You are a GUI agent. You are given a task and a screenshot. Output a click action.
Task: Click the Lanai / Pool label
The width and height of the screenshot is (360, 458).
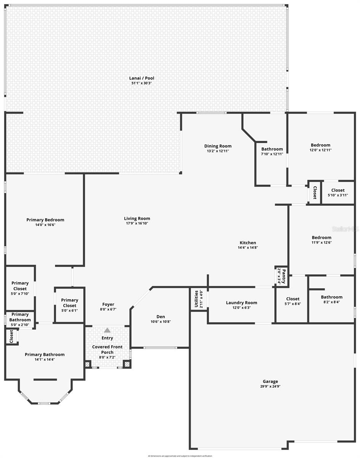(x=141, y=78)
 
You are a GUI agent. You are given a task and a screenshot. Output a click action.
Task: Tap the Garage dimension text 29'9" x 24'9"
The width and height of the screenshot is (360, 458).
(x=270, y=386)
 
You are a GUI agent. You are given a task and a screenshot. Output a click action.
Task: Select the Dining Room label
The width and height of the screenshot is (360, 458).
(x=218, y=146)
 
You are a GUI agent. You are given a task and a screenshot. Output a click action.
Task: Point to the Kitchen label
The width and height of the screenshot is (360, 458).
(x=248, y=243)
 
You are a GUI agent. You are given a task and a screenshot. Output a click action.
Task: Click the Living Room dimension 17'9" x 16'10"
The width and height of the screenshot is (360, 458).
(x=137, y=223)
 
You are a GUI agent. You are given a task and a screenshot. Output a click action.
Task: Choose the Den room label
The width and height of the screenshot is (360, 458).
(x=161, y=316)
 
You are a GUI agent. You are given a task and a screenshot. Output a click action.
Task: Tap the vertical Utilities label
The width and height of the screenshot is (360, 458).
(x=196, y=299)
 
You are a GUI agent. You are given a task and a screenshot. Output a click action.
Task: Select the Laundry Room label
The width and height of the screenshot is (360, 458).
(x=241, y=303)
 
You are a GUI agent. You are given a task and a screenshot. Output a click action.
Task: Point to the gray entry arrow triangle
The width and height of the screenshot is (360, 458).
(x=108, y=330)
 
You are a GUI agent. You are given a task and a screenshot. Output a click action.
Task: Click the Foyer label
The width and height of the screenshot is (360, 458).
(x=108, y=304)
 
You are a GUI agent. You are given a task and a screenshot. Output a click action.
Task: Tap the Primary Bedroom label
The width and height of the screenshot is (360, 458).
(x=45, y=220)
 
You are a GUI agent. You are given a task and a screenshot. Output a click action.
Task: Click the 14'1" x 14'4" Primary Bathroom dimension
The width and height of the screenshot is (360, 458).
(x=45, y=359)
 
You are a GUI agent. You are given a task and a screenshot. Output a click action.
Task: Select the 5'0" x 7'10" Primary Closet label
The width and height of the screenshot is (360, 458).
(x=20, y=285)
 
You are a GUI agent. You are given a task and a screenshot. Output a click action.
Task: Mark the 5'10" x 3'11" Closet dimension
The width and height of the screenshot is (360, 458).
(x=338, y=195)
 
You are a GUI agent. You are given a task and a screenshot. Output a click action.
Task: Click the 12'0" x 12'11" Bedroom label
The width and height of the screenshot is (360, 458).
(x=320, y=145)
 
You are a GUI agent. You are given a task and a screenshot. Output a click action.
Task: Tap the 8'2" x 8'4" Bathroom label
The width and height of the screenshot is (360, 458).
(x=331, y=297)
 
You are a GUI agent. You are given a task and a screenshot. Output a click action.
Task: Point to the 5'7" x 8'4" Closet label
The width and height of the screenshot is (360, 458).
(x=292, y=299)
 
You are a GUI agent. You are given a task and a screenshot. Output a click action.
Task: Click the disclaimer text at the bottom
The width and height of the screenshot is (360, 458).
(x=180, y=456)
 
